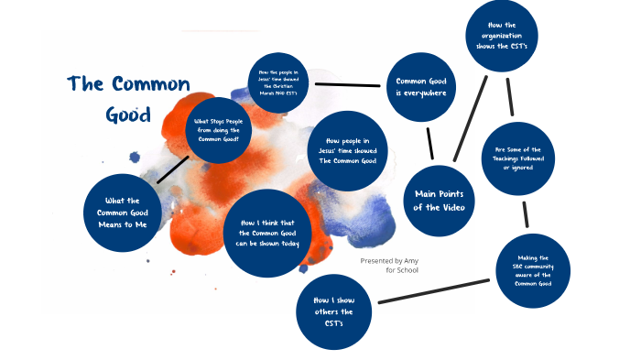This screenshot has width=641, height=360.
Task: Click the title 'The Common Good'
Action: [128, 99]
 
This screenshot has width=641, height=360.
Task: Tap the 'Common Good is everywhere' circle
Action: [420, 86]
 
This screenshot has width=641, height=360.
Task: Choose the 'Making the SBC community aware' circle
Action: [532, 270]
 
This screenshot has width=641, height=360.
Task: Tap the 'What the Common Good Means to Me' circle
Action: [127, 213]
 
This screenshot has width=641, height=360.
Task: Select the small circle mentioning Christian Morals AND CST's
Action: [282, 82]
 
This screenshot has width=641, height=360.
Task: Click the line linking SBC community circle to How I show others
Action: [434, 291]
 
